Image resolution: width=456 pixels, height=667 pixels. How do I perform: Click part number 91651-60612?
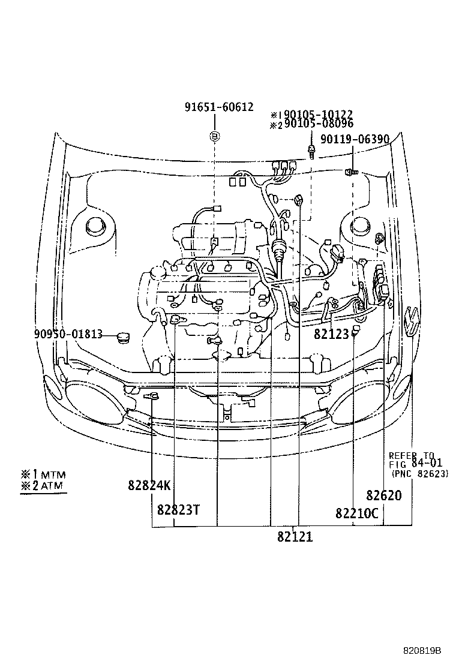[219, 107]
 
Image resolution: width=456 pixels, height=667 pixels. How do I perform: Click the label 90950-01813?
[64, 334]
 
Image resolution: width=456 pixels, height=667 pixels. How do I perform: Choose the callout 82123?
[331, 333]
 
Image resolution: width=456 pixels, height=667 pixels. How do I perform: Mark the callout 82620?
[384, 495]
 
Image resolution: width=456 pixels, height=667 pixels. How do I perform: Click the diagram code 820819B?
[421, 650]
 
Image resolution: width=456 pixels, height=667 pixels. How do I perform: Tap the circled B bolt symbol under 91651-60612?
[214, 137]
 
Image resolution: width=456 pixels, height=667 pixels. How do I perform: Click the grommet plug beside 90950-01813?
[124, 336]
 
